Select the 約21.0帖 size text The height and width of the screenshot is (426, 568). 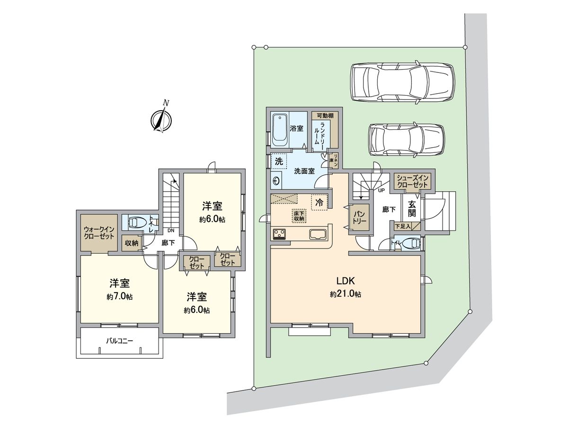click(x=346, y=294)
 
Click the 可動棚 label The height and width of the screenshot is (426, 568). click(x=325, y=115)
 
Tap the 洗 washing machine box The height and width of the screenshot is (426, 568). click(x=279, y=161)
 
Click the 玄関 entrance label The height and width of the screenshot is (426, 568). click(x=412, y=209)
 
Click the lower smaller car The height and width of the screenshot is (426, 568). click(x=406, y=139)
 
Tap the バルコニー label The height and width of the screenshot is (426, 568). click(x=119, y=340)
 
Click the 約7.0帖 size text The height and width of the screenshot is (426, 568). click(x=119, y=297)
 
